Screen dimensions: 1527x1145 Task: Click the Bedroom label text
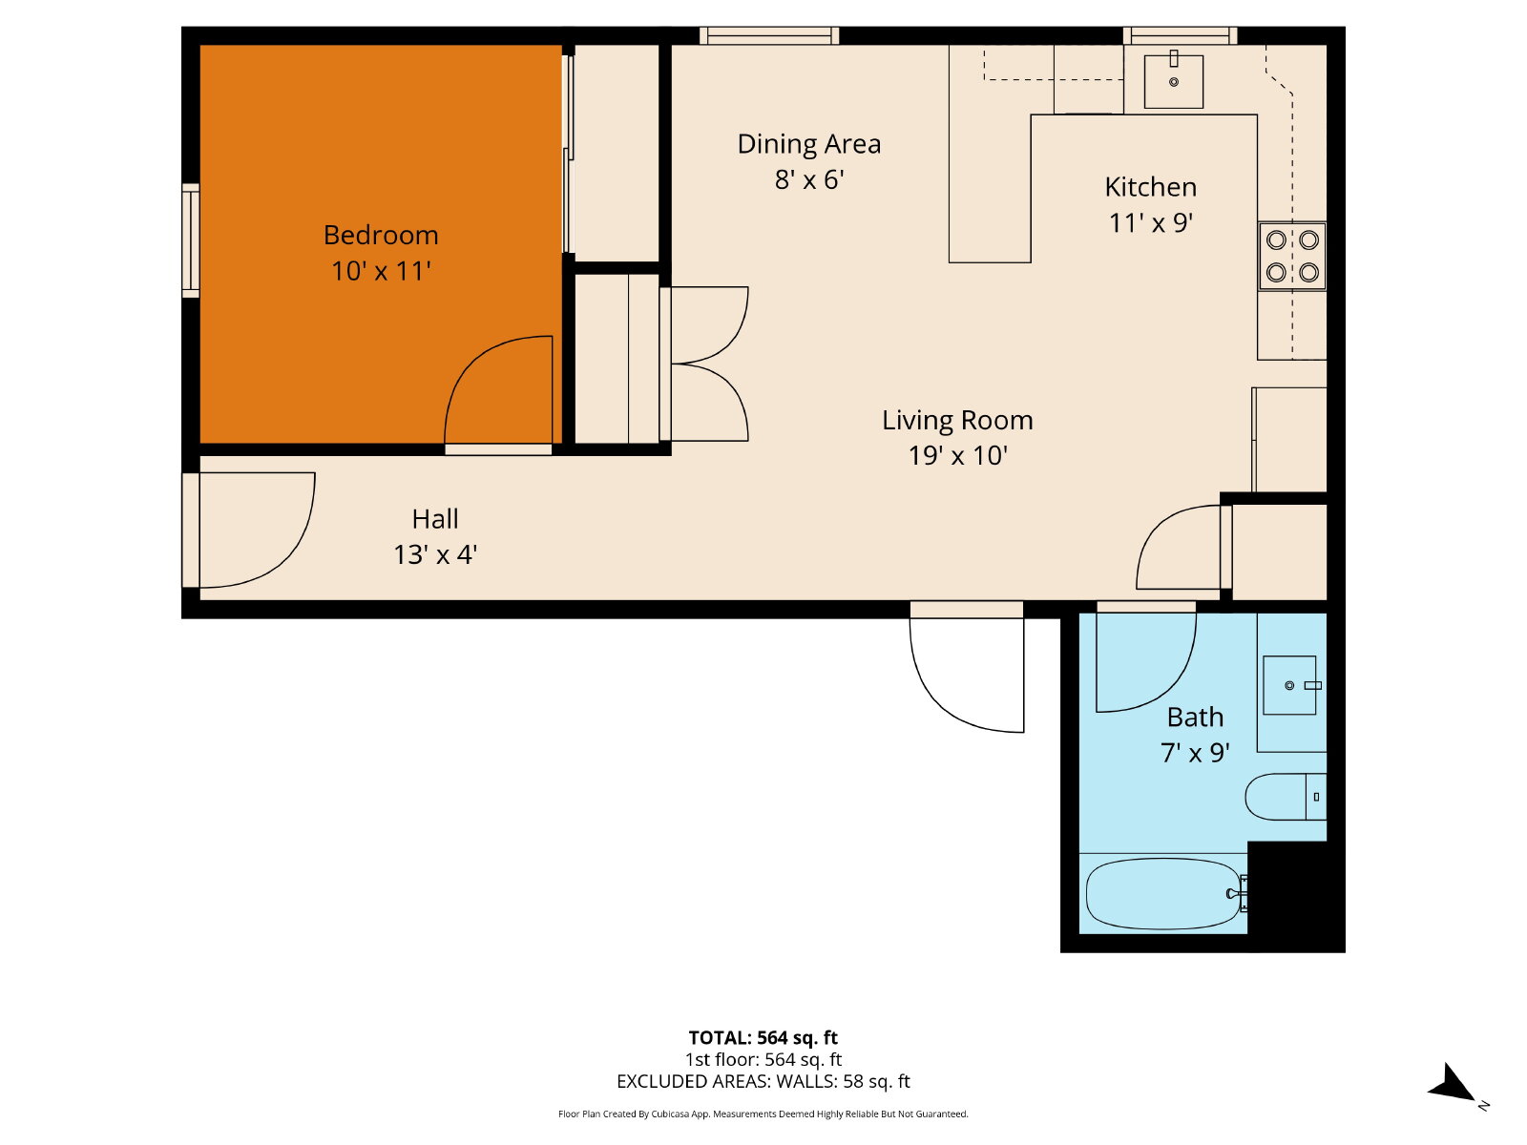[x=381, y=235]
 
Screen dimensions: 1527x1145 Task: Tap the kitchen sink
[x=1174, y=81]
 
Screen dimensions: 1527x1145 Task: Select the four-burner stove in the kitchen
[x=1292, y=256]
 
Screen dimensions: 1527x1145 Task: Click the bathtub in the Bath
[x=1163, y=893]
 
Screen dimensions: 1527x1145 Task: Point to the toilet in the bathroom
[x=1285, y=797]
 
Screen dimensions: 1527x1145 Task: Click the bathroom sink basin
[x=1289, y=685]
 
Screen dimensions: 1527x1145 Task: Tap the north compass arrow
[x=1454, y=1085]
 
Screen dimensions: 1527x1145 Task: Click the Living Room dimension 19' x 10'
[x=958, y=456]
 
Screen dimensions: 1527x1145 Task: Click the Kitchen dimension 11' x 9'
[x=1151, y=223]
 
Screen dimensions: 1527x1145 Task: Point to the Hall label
[x=435, y=519]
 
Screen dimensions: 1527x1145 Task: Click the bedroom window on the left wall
[x=191, y=240]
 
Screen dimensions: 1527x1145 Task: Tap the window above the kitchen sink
[x=1180, y=35]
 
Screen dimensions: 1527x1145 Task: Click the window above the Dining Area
[x=768, y=35]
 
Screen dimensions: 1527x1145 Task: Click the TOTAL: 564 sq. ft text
[x=763, y=1038]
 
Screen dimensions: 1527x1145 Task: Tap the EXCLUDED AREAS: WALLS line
[x=763, y=1082]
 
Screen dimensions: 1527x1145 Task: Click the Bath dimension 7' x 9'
[x=1195, y=753]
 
